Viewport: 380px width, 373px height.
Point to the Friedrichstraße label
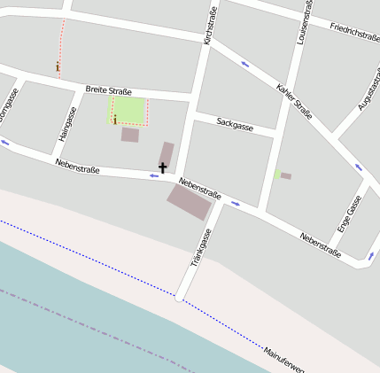coord(354,32)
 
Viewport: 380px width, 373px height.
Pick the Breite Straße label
coord(108,90)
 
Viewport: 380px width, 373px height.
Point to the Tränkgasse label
coord(202,248)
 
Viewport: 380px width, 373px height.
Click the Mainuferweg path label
coord(283,359)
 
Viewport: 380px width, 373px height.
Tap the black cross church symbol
coord(162,167)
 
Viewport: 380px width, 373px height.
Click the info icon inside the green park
coord(114,120)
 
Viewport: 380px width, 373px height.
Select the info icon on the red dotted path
coord(58,66)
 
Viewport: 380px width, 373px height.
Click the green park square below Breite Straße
coord(128,110)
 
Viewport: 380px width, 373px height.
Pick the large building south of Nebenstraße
coord(190,202)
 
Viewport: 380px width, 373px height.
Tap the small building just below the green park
coord(130,135)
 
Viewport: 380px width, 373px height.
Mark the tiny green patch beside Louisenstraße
coord(277,175)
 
